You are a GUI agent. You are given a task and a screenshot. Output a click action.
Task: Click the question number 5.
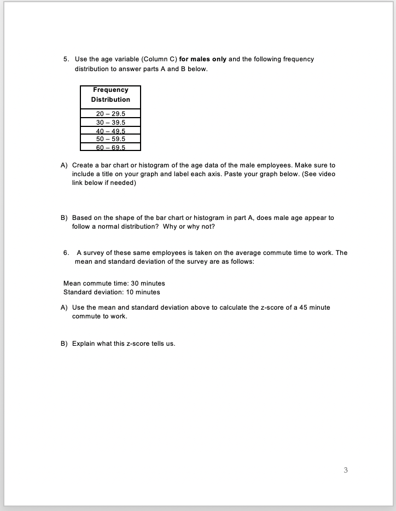tap(65, 59)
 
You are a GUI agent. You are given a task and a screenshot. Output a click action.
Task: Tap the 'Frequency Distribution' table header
tap(110, 95)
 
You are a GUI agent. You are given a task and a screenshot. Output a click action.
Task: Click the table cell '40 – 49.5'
tap(110, 131)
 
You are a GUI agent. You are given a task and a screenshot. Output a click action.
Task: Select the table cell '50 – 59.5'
tap(110, 139)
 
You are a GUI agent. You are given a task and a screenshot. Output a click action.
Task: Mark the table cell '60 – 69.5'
tap(110, 147)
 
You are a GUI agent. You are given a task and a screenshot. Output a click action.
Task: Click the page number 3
tap(346, 469)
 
